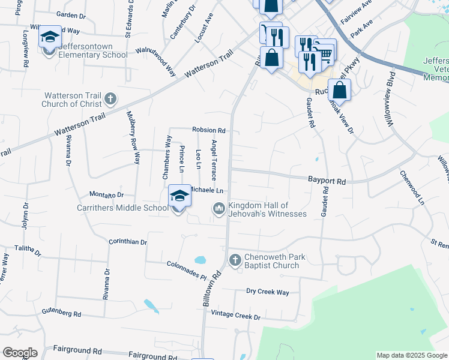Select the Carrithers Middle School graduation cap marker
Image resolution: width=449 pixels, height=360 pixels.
click(179, 195)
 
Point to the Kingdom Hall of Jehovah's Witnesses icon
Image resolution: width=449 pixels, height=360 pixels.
click(218, 209)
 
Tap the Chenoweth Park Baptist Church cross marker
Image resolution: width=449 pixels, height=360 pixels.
click(235, 260)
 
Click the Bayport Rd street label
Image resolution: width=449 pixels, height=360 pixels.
click(327, 180)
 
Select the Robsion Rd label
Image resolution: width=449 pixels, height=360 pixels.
click(208, 130)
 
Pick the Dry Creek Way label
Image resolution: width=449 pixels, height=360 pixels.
click(268, 292)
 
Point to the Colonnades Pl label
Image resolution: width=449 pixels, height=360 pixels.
click(186, 266)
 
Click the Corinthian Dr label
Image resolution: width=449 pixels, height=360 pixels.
click(128, 242)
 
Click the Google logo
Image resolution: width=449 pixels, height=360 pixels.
click(20, 353)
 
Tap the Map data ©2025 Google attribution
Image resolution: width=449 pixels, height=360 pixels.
click(411, 355)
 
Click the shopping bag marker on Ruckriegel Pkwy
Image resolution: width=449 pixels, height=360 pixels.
click(339, 91)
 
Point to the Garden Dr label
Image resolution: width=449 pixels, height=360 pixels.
click(71, 14)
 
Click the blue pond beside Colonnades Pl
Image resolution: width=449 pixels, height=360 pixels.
click(200, 260)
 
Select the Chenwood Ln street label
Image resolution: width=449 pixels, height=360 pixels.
click(412, 188)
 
